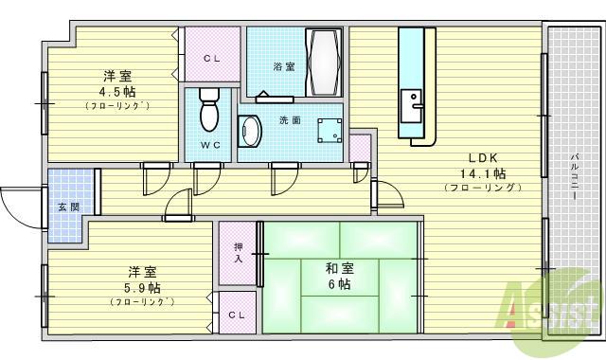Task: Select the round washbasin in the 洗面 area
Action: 250,132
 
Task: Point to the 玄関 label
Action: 68,207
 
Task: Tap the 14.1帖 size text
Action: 483,173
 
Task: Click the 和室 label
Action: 340,268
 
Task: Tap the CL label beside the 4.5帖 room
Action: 211,58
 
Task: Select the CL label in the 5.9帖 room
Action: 236,314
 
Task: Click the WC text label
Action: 210,145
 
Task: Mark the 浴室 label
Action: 283,67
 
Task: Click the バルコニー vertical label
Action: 575,174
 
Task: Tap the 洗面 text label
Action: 290,120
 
